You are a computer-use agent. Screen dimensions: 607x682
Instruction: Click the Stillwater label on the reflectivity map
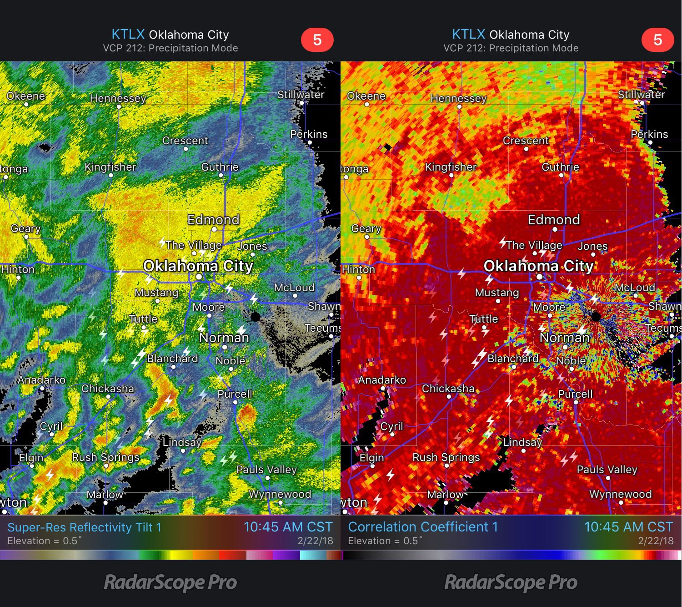pos(301,95)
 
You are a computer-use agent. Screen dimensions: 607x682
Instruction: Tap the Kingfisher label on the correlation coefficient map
pos(451,167)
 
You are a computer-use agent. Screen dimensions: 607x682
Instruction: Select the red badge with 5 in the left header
pos(317,40)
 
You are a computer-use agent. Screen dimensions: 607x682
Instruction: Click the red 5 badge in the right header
pos(657,40)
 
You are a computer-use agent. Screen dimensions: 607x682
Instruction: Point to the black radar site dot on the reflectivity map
pos(256,317)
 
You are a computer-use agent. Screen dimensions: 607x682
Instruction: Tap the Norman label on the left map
pos(224,338)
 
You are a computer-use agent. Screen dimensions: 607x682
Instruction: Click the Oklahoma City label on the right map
pos(538,266)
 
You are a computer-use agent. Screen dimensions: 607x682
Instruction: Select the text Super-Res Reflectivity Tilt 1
pos(84,527)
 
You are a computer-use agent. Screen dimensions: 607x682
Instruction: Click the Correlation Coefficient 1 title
pos(423,527)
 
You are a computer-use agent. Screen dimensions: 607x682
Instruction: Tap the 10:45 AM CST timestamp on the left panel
pos(288,527)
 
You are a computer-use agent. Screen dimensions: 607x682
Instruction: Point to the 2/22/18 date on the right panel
pos(655,541)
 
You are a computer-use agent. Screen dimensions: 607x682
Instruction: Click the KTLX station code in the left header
pos(128,35)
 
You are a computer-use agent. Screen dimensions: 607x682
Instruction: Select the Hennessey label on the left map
pos(118,98)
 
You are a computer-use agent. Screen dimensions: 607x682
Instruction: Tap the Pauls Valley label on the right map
pos(607,470)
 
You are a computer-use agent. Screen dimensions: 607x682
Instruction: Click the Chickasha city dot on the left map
pos(108,397)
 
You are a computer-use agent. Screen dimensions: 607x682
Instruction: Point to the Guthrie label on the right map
pos(560,167)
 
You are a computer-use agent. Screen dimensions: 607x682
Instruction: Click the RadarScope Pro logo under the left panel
pos(170,582)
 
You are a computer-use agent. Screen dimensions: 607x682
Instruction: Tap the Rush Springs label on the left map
pos(105,457)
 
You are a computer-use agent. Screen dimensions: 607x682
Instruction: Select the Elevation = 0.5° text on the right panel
pos(385,541)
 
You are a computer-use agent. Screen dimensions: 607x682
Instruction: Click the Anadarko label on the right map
pos(382,380)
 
